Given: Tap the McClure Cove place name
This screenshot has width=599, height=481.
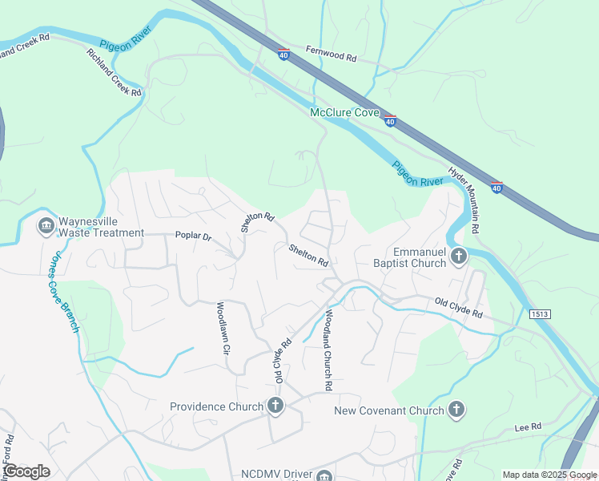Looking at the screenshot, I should click(344, 113).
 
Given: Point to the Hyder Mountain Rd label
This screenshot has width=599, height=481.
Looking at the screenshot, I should click(463, 200).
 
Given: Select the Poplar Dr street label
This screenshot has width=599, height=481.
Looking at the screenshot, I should click(193, 236).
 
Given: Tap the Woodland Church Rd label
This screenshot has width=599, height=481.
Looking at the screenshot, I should click(328, 350).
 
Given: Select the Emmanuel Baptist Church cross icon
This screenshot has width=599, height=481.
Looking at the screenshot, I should click(459, 257).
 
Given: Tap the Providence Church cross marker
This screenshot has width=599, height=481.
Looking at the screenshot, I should click(275, 406).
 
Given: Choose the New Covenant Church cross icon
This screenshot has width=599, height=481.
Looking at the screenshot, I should click(456, 410).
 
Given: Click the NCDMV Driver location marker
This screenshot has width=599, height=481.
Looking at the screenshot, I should click(324, 475).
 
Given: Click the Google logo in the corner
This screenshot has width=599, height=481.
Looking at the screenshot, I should click(27, 471).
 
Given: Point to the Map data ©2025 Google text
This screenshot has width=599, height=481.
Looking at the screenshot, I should click(549, 475).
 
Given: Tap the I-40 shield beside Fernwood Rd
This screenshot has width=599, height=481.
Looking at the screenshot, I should click(284, 54).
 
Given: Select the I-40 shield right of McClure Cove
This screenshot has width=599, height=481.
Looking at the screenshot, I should click(390, 121).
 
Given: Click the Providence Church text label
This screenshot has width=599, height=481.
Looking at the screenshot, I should click(216, 406).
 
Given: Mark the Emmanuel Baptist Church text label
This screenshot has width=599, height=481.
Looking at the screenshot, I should click(408, 257).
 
